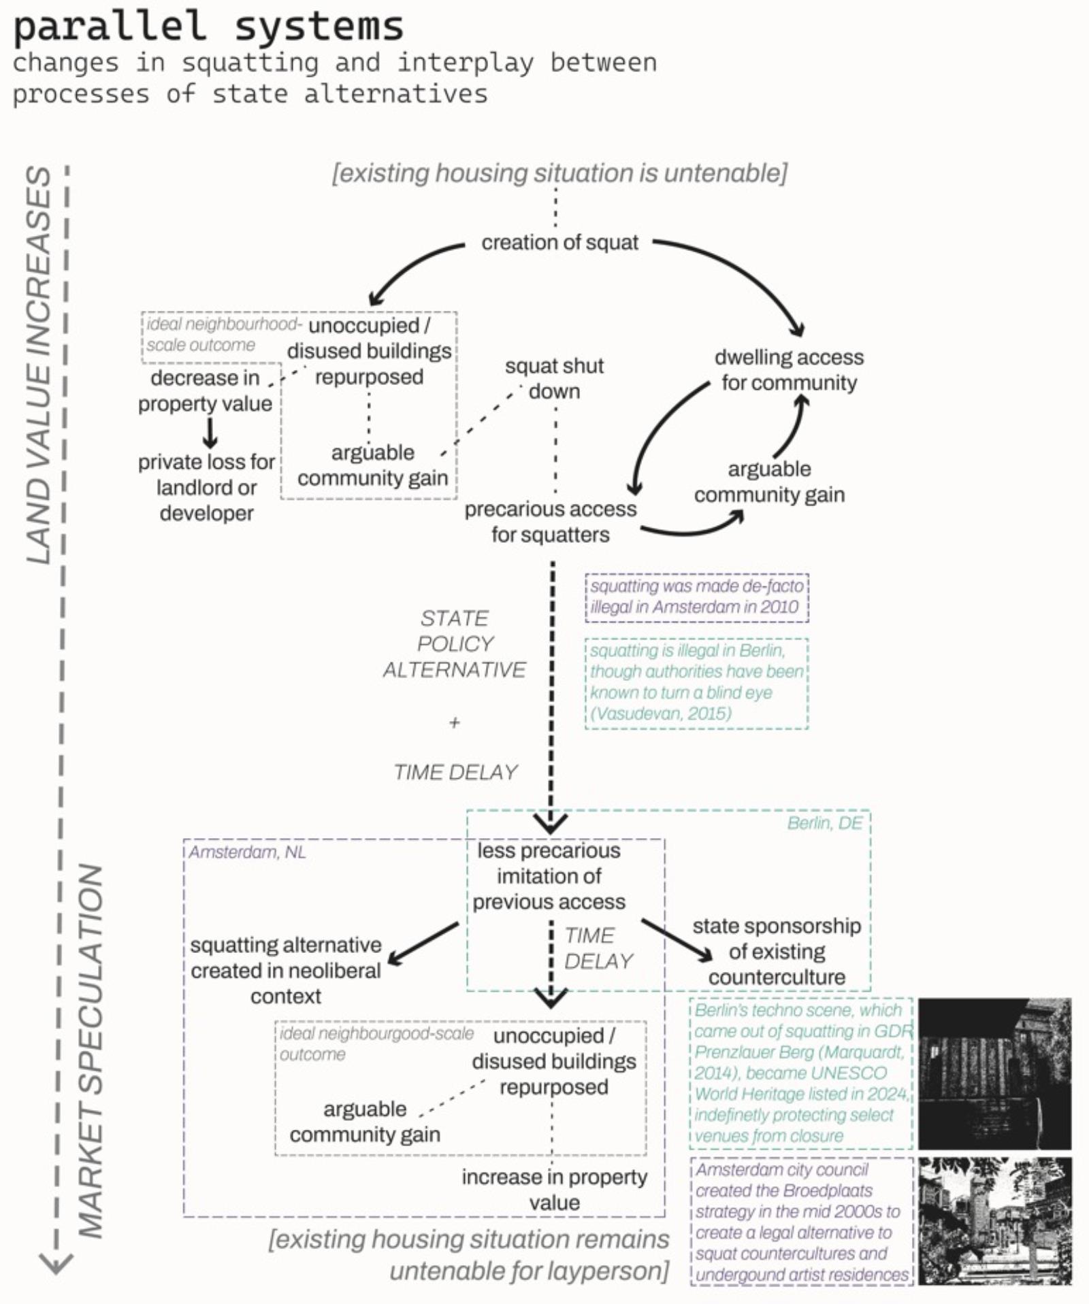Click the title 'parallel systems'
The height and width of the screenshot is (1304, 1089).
pyautogui.click(x=208, y=27)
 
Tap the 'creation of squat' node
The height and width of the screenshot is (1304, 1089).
pyautogui.click(x=559, y=243)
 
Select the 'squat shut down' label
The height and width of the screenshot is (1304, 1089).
pyautogui.click(x=554, y=378)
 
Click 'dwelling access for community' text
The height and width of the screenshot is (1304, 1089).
pyautogui.click(x=789, y=370)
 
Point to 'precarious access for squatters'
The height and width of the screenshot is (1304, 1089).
pyautogui.click(x=551, y=522)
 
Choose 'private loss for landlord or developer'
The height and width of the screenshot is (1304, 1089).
pyautogui.click(x=206, y=488)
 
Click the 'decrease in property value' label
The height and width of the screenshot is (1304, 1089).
pyautogui.click(x=205, y=390)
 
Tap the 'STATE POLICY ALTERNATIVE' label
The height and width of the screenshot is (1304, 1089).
pyautogui.click(x=454, y=643)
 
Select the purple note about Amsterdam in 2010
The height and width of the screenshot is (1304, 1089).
pyautogui.click(x=696, y=597)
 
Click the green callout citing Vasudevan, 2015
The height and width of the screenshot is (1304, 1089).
pyautogui.click(x=696, y=682)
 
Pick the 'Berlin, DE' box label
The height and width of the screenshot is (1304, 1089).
pyautogui.click(x=824, y=823)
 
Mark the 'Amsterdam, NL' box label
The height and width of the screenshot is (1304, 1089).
pyautogui.click(x=247, y=852)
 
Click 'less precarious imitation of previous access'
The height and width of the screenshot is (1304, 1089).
pyautogui.click(x=549, y=876)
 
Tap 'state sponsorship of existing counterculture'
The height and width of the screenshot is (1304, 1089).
pyautogui.click(x=777, y=952)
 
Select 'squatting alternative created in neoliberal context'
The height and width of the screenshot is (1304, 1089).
pyautogui.click(x=285, y=971)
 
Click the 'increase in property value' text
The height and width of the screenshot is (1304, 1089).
pyautogui.click(x=554, y=1190)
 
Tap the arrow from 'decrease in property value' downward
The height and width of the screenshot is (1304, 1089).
pyautogui.click(x=210, y=432)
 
